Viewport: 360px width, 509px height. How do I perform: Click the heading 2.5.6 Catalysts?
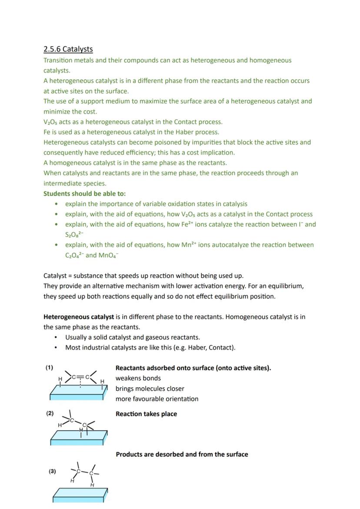(68, 49)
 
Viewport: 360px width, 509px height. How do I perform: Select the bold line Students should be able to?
(84, 194)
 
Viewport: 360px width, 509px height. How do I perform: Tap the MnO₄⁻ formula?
(108, 256)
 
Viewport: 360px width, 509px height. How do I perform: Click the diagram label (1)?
(49, 368)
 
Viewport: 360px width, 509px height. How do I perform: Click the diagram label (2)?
(50, 413)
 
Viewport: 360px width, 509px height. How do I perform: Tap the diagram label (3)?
(52, 471)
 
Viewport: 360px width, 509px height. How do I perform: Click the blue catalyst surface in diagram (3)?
(80, 495)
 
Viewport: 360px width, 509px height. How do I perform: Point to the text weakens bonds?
(138, 379)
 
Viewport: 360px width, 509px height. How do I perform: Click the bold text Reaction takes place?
(146, 414)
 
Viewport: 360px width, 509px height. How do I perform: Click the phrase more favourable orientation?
(157, 399)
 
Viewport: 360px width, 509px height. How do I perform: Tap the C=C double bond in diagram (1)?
(80, 376)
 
